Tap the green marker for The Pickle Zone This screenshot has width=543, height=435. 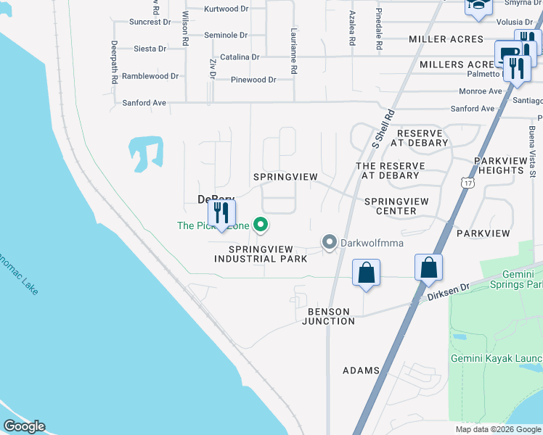pos(261,225)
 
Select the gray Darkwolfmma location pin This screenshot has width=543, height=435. pos(329,242)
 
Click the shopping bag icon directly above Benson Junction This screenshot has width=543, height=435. pos(366,274)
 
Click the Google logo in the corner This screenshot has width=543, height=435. pos(24,426)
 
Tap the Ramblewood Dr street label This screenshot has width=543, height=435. pos(150,76)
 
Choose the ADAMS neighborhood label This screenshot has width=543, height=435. pos(361,370)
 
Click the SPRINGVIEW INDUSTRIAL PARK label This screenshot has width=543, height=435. pos(256,254)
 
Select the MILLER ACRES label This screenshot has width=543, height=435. pos(446,39)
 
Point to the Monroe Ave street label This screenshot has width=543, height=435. pos(481,91)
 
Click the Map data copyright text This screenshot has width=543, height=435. pos(497,429)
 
